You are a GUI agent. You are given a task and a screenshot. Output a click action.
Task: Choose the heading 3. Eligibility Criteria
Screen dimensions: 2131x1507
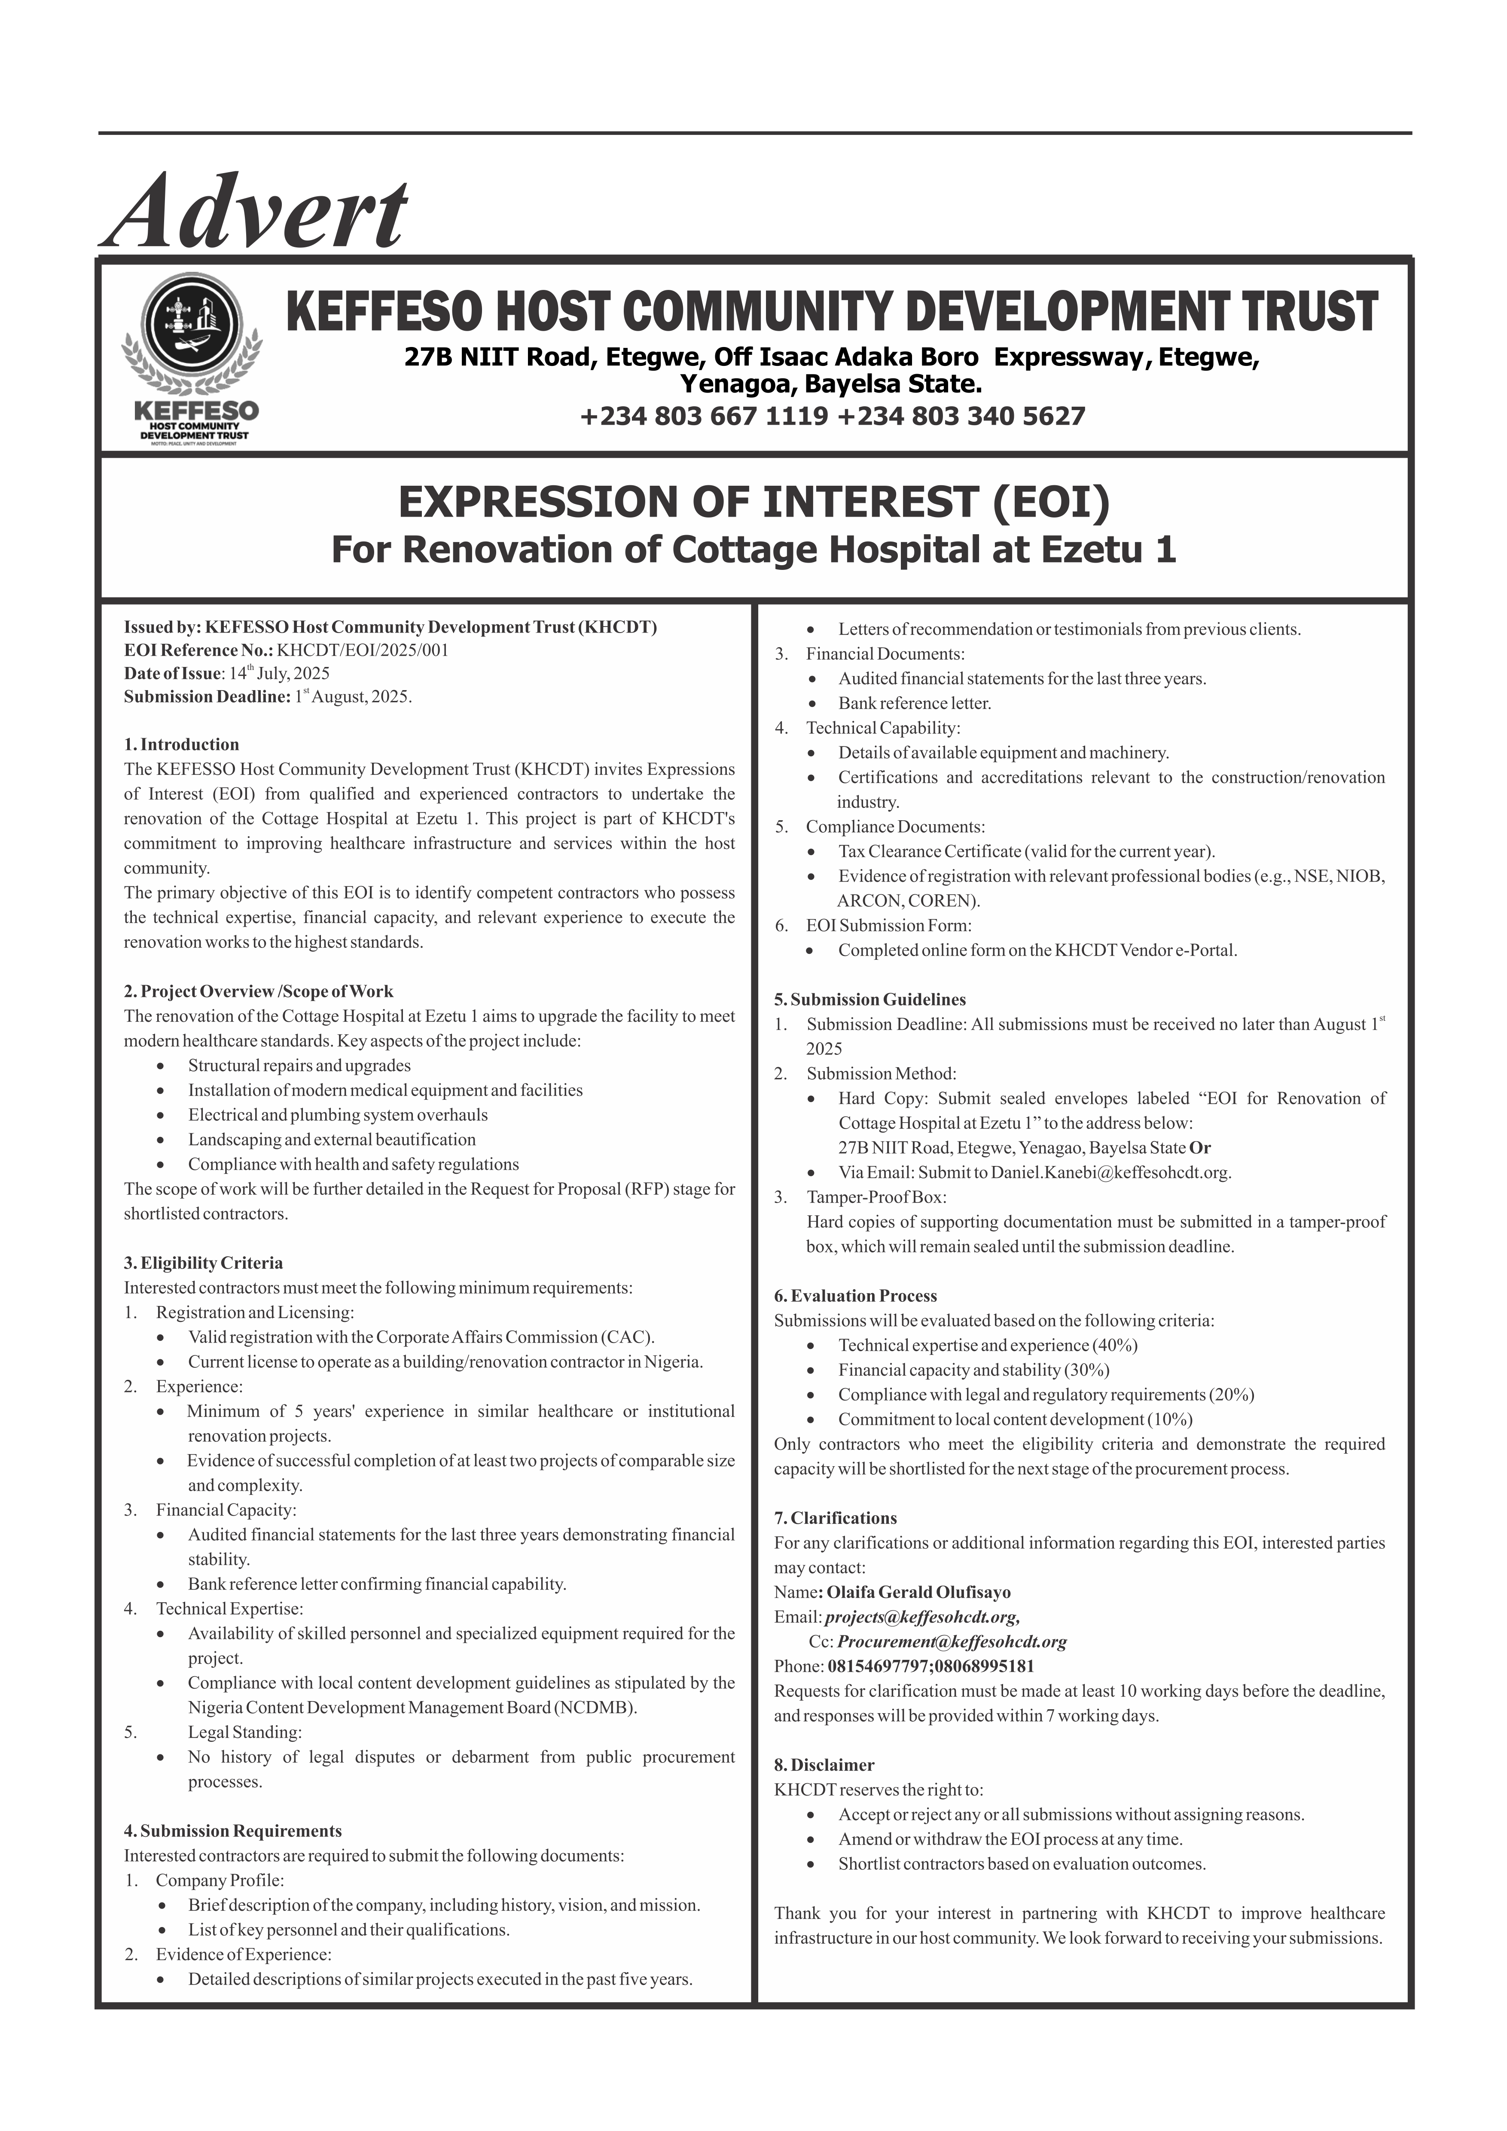pyautogui.click(x=203, y=1263)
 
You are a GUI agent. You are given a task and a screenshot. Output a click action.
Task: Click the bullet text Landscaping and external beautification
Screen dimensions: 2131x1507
pyautogui.click(x=332, y=1140)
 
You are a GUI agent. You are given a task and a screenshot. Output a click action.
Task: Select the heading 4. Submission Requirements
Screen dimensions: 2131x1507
pyautogui.click(x=233, y=1831)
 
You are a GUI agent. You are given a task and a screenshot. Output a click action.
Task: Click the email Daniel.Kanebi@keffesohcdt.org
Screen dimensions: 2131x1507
pyautogui.click(x=1110, y=1172)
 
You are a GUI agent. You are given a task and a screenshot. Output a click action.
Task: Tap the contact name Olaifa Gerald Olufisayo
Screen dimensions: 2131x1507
pyautogui.click(x=918, y=1593)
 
